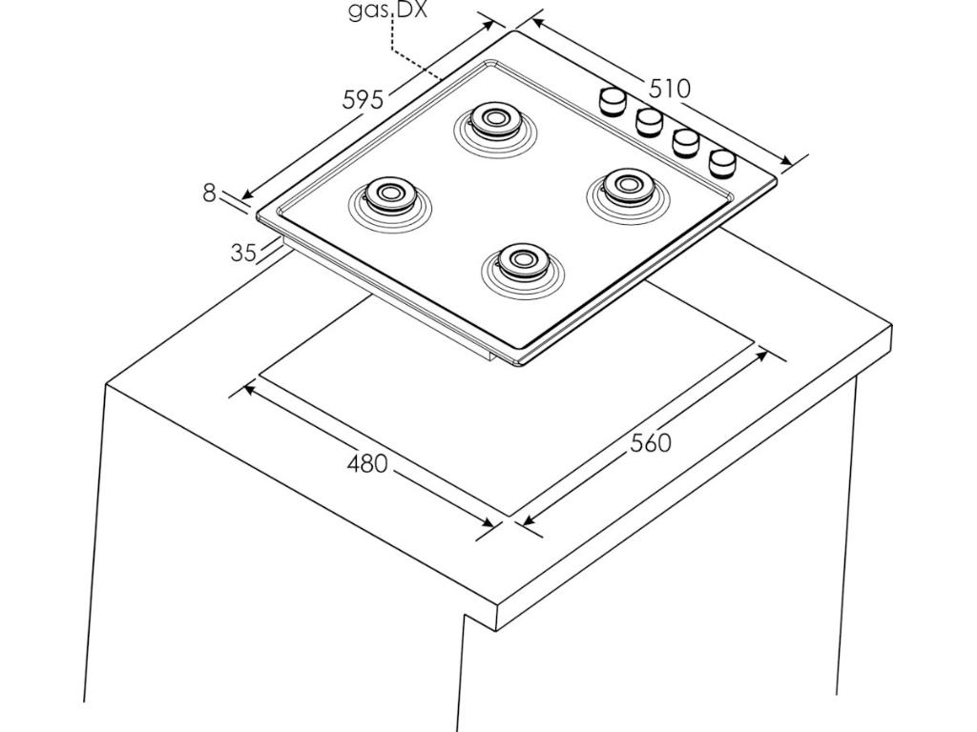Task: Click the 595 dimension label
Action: (x=363, y=98)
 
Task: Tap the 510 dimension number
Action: (x=669, y=89)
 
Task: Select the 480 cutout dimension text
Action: (x=367, y=464)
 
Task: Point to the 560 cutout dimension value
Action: (x=650, y=443)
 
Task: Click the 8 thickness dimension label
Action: (x=209, y=193)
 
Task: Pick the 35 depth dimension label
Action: (x=243, y=253)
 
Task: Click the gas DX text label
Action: (x=387, y=11)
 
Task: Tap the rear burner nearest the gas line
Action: (x=494, y=119)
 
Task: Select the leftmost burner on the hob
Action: (x=388, y=193)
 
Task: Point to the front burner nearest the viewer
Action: (x=521, y=259)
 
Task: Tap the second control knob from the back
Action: (x=650, y=120)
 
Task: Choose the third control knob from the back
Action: (x=686, y=141)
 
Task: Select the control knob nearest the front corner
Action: (x=723, y=163)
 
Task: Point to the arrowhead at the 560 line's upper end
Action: (x=762, y=356)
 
